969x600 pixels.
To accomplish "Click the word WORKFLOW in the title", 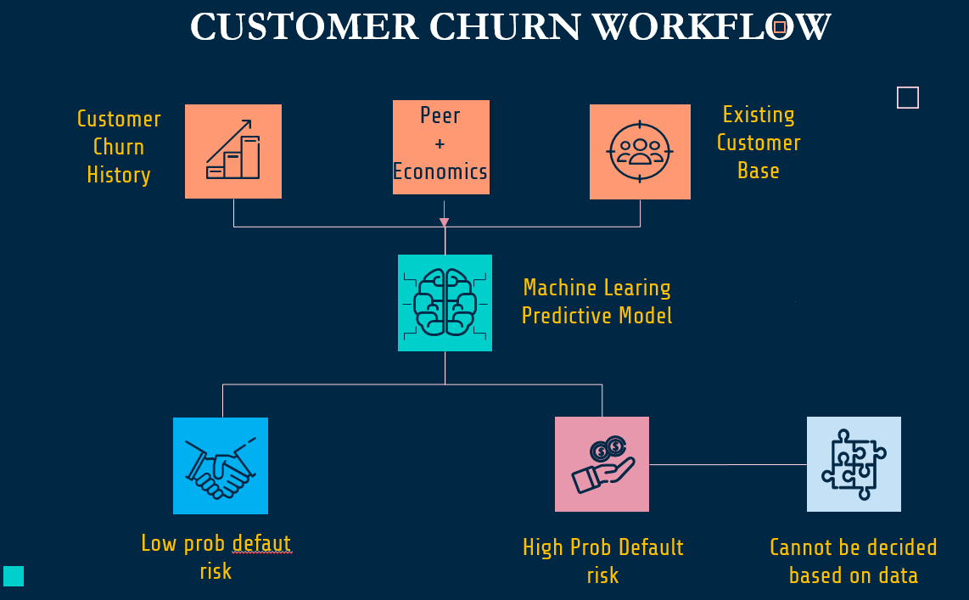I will pos(711,28).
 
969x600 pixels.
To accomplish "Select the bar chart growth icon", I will pos(233,151).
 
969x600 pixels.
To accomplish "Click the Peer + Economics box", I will pos(440,147).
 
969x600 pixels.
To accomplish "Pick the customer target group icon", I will pos(640,152).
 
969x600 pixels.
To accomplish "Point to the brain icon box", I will pos(445,303).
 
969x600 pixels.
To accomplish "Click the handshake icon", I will pos(221,466).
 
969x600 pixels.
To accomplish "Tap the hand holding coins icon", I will pos(602,464).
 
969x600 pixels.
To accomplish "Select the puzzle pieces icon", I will pos(853,464).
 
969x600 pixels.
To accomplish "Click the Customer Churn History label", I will pos(119,147).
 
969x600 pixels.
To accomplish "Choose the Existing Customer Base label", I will pos(759,143).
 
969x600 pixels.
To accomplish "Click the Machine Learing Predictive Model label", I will pos(597,302).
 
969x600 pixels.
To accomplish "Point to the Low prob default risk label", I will pos(216,557).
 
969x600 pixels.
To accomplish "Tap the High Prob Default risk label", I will pos(602,561).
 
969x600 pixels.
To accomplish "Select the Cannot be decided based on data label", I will pos(853,561).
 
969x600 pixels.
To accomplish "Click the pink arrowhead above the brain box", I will pos(444,223).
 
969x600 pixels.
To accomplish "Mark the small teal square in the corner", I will pos(14,576).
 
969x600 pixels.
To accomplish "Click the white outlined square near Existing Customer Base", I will pos(908,98).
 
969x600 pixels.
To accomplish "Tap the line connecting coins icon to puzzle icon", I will pos(727,464).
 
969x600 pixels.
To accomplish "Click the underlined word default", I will pos(262,543).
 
